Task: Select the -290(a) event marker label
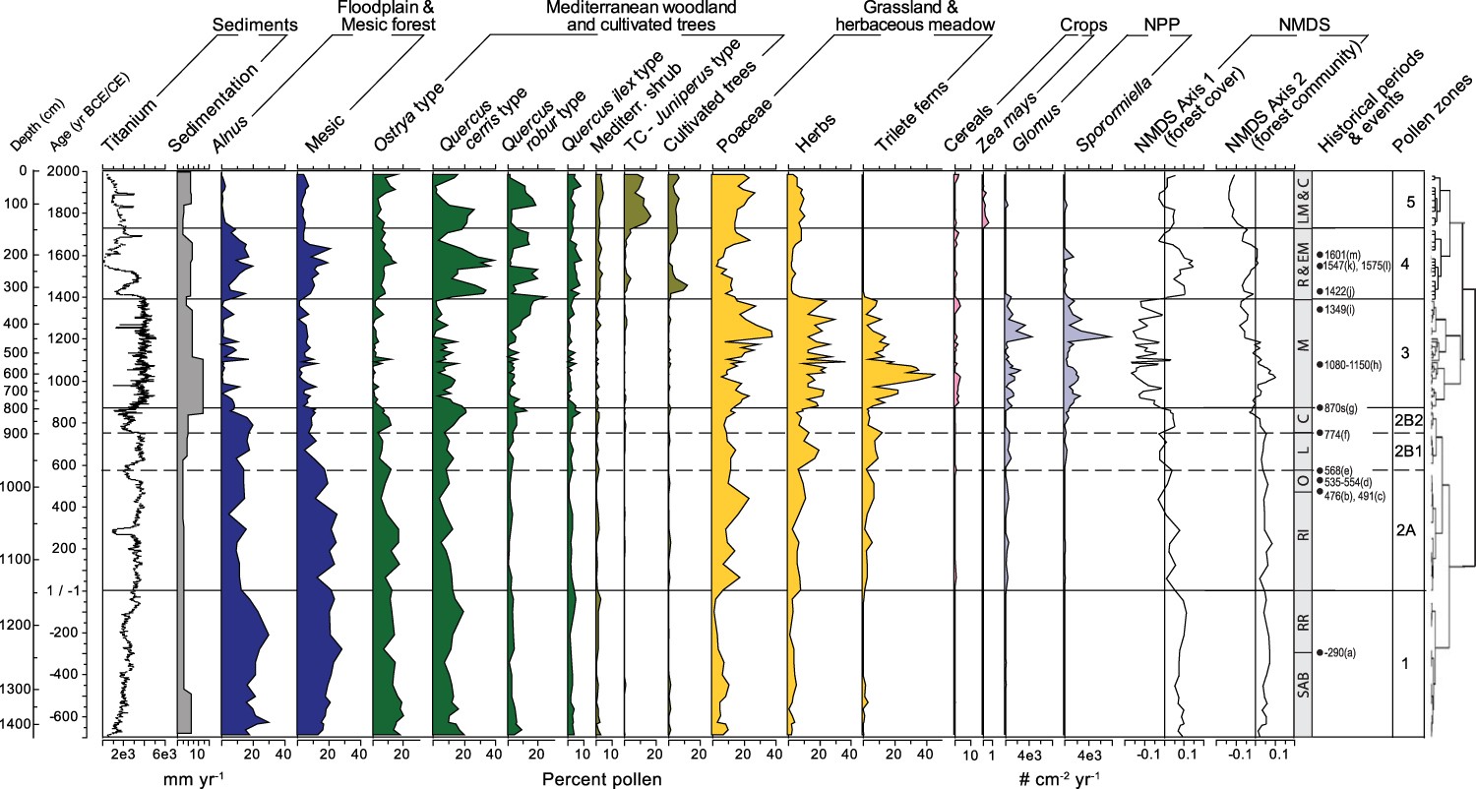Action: click(x=1337, y=652)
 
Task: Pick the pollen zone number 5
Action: click(x=1406, y=203)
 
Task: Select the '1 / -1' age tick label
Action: click(x=62, y=590)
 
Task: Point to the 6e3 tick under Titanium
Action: click(x=164, y=755)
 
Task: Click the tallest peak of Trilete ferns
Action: click(x=932, y=376)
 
